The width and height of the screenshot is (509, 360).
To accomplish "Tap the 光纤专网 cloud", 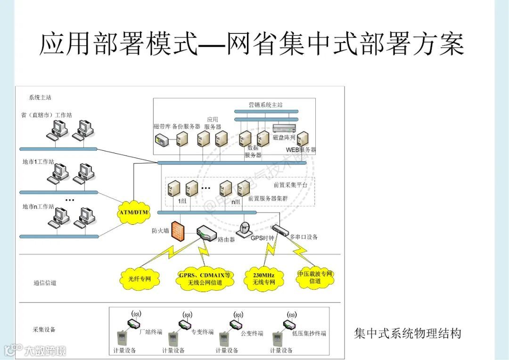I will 140,278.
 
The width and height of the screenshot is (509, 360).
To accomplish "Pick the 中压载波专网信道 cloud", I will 315,278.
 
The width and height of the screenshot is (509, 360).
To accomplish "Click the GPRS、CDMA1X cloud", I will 205,279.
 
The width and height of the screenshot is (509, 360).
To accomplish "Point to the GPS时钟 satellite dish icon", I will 245,228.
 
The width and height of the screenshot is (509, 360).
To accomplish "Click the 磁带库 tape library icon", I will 161,139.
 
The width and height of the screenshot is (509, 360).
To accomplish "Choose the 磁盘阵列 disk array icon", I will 284,128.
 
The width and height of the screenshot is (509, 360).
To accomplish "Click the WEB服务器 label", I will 301,150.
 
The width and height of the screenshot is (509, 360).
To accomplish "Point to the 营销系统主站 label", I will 266,105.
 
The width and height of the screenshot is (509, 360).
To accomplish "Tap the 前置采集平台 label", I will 290,185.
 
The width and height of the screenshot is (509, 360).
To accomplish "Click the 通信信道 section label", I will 45,283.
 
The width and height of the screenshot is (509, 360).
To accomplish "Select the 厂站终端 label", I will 151,332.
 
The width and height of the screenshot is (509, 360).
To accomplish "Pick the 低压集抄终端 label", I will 309,333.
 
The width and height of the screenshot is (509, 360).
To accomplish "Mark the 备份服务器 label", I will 186,127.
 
